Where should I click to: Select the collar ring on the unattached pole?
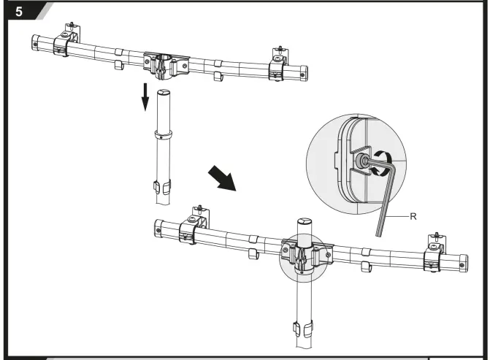pos(164,135)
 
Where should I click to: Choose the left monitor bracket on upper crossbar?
pos(65,42)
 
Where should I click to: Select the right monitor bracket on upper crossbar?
pos(279,65)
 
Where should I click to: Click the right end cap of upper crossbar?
pos(302,73)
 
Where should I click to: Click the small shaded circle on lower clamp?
pos(301,256)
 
